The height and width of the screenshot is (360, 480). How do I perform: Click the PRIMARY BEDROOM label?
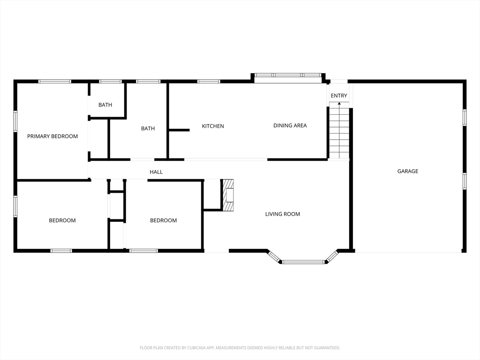click(52, 136)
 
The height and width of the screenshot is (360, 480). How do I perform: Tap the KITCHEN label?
click(213, 126)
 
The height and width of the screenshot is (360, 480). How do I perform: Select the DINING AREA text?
click(290, 125)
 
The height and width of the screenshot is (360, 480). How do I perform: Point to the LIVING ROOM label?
click(283, 214)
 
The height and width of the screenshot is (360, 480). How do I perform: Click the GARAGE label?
click(407, 171)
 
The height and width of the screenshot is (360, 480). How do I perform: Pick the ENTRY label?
click(339, 96)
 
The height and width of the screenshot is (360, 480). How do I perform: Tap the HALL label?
click(156, 172)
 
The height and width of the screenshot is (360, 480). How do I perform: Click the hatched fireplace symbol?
click(228, 195)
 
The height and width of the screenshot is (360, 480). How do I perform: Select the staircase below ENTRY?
click(339, 131)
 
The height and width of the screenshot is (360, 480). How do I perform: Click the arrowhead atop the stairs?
click(339, 104)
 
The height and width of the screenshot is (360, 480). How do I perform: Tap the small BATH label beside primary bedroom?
click(105, 105)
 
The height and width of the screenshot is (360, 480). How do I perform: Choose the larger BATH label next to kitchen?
click(148, 128)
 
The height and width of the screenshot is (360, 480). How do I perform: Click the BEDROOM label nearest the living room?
click(163, 220)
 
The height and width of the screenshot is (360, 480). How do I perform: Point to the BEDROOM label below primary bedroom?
click(62, 220)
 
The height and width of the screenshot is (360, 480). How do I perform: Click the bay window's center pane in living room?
click(303, 262)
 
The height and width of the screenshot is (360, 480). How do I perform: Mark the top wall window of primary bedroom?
click(55, 82)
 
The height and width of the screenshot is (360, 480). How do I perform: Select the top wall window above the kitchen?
click(209, 82)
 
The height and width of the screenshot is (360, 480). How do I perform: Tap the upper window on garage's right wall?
click(465, 118)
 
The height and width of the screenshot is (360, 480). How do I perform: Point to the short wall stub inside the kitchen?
click(179, 130)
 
